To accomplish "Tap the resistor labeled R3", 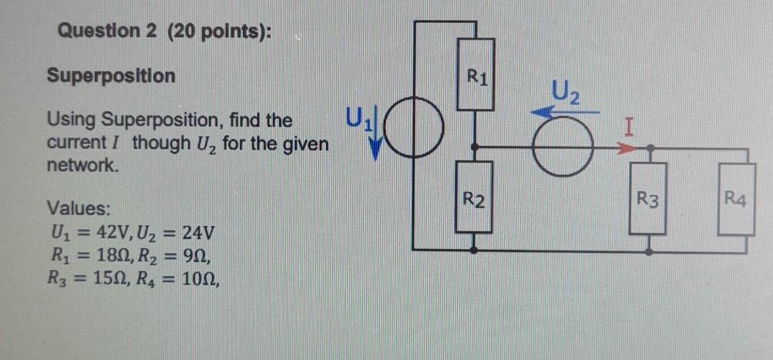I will point(650,203).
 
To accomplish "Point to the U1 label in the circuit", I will point(358,119).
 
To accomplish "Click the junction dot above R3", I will point(650,146).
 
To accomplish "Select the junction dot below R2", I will point(476,250).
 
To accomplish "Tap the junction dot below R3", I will point(650,250).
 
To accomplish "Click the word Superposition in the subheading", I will point(111,76).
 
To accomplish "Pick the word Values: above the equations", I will point(79,208).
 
